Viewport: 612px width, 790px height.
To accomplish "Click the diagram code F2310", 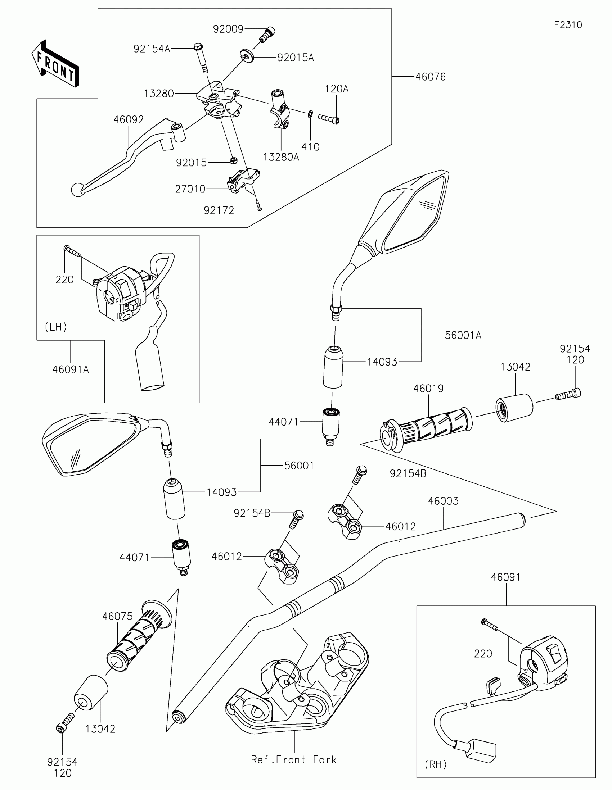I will click(568, 25).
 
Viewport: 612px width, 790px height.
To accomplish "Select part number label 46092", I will click(129, 120).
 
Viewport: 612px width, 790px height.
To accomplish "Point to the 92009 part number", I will click(228, 29).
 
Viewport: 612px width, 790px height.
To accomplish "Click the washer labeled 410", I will click(311, 115).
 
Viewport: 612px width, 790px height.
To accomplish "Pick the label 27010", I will click(190, 189).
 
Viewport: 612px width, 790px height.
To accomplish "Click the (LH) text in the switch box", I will click(56, 327).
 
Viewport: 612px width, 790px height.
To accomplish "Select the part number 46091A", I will click(71, 370).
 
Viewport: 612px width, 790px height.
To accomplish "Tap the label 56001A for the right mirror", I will click(463, 335).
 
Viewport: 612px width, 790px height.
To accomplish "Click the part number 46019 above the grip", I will click(428, 389).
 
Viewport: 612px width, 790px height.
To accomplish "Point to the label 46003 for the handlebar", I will click(444, 501).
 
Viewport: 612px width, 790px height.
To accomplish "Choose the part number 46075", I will click(117, 616).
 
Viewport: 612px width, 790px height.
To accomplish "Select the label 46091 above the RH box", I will click(505, 577).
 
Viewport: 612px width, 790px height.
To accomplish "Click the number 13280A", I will click(281, 157).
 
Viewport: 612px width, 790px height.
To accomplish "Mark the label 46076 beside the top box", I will click(430, 77).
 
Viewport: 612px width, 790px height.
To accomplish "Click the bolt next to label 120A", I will click(329, 119).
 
